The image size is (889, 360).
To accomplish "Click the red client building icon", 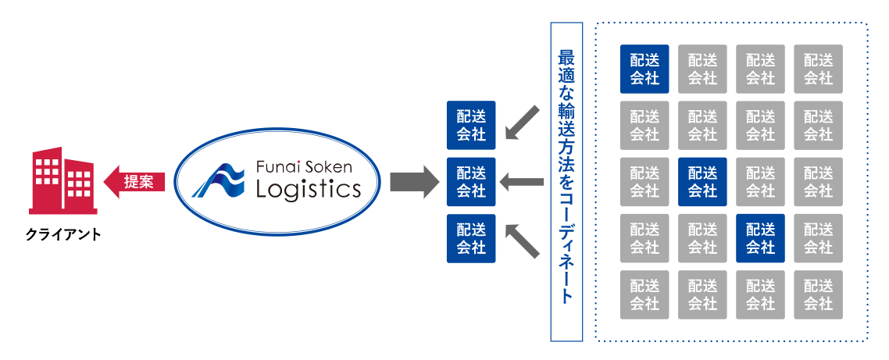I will tap(62, 182).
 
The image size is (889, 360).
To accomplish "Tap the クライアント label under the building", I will tap(62, 233).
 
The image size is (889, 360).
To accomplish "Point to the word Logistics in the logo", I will tap(308, 189).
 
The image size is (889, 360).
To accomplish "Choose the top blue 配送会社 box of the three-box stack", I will tap(471, 126).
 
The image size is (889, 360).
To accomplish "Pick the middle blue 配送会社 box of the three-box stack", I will tap(471, 182).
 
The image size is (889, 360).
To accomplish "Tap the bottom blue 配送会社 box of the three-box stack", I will tap(471, 238).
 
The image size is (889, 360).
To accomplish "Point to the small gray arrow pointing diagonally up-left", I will tap(521, 241).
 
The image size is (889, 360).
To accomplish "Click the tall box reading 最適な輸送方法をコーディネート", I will tap(567, 181).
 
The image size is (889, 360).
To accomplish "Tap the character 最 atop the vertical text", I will tap(567, 59).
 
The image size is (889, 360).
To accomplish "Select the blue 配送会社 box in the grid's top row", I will tap(644, 69).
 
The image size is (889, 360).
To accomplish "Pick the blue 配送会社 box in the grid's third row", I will tap(702, 182).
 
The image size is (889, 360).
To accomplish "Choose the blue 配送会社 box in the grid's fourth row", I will tap(760, 238).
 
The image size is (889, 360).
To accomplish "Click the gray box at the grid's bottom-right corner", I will tap(818, 294).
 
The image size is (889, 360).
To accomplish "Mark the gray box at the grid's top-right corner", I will tap(818, 69).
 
